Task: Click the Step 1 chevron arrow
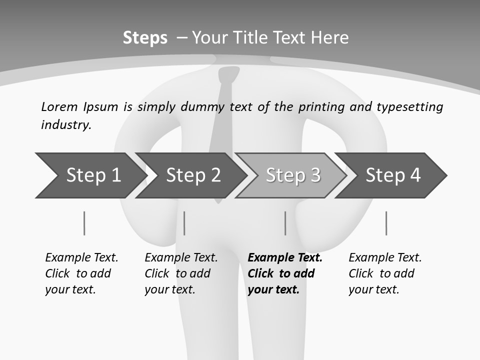(90, 175)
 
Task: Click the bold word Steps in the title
(145, 38)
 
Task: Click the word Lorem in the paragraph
(59, 107)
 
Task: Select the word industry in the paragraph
(66, 125)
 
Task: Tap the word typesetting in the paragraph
(409, 107)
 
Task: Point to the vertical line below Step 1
(84, 223)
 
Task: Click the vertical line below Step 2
(184, 223)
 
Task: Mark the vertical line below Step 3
(285, 223)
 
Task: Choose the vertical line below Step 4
(386, 223)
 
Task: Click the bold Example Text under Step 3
(285, 258)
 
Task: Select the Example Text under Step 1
(81, 258)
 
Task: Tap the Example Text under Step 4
(385, 258)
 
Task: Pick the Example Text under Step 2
(181, 258)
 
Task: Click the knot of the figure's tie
(228, 75)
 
